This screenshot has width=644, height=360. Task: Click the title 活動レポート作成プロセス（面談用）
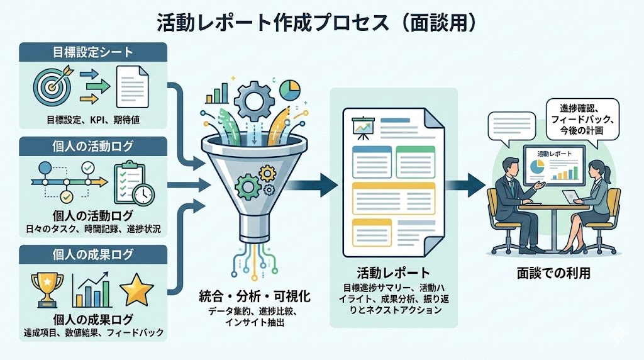[321, 22]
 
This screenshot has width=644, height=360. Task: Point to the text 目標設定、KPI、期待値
[93, 119]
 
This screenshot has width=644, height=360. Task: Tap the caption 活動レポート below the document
[393, 273]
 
